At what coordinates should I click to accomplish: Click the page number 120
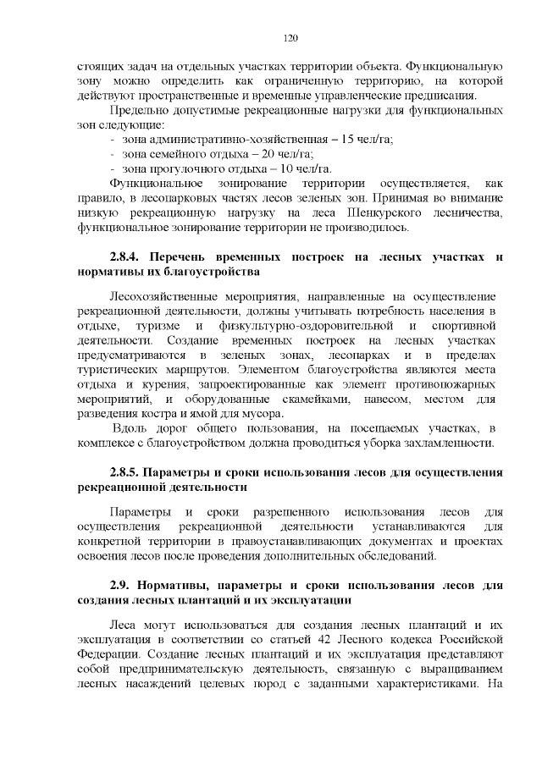pyautogui.click(x=289, y=38)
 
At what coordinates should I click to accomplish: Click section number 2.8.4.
pyautogui.click(x=128, y=257)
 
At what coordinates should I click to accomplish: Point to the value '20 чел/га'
pyautogui.click(x=286, y=153)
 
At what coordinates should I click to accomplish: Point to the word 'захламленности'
pyautogui.click(x=449, y=443)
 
